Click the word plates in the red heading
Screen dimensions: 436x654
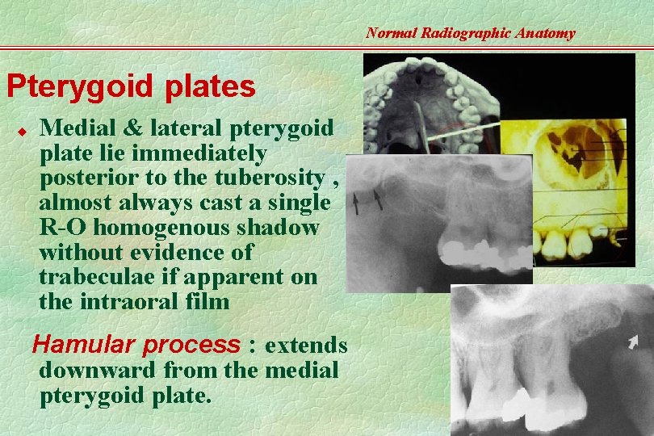(212, 87)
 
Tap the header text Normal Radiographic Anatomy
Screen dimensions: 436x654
(470, 33)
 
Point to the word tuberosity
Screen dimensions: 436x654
(275, 178)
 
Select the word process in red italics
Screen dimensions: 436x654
(191, 346)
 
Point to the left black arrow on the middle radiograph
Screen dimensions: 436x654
(356, 199)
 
